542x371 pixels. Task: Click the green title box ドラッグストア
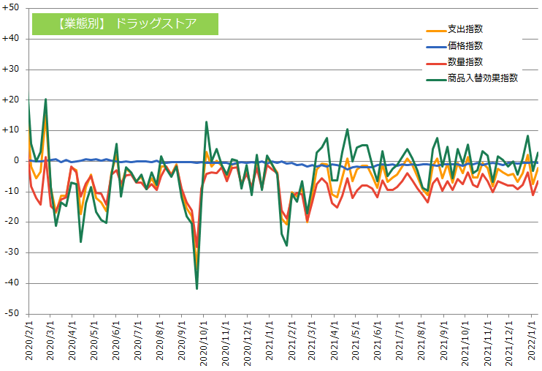pyautogui.click(x=125, y=23)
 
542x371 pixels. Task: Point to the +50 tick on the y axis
pyautogui.click(x=12, y=7)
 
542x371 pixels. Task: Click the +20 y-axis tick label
pyautogui.click(x=12, y=100)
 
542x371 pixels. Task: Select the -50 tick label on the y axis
pyautogui.click(x=12, y=313)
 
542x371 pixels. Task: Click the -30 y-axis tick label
pyautogui.click(x=12, y=252)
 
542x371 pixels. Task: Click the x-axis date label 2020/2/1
pyautogui.click(x=29, y=340)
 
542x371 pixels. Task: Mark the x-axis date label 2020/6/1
pyautogui.click(x=115, y=340)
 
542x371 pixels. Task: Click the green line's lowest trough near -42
pyautogui.click(x=196, y=288)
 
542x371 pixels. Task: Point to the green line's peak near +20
pyautogui.click(x=45, y=100)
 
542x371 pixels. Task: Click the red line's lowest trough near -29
pyautogui.click(x=196, y=249)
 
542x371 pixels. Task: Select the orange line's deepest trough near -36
pyautogui.click(x=196, y=269)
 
